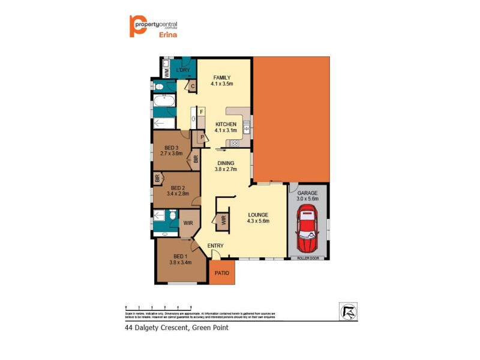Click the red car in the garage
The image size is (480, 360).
coord(307,229)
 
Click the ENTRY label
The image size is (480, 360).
coord(215,246)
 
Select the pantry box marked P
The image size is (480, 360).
coord(202,137)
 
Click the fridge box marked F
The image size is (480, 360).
coord(202,112)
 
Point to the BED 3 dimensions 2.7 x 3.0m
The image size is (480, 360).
coord(171,154)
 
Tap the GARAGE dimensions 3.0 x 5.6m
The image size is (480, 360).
coord(308,199)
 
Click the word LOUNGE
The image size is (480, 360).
coord(258,214)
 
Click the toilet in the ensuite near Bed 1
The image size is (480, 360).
coord(172,216)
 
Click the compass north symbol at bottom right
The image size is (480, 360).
coord(347,310)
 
